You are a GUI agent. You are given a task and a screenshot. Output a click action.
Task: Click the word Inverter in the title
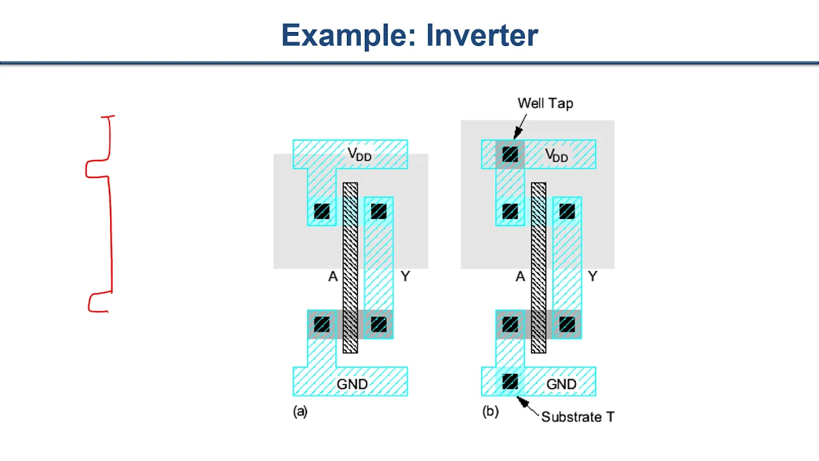pyautogui.click(x=482, y=35)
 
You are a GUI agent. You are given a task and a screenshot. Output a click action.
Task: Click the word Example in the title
pyautogui.click(x=345, y=36)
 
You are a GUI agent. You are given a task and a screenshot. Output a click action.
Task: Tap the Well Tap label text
pyautogui.click(x=545, y=103)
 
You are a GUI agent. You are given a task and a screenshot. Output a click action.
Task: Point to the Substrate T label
pyautogui.click(x=578, y=417)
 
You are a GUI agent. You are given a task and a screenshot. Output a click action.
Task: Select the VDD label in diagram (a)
pyautogui.click(x=360, y=154)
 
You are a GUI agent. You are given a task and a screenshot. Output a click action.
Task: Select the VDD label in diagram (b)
pyautogui.click(x=557, y=155)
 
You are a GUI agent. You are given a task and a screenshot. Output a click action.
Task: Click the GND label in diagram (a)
pyautogui.click(x=352, y=384)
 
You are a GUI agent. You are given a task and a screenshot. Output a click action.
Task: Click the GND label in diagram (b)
pyautogui.click(x=561, y=384)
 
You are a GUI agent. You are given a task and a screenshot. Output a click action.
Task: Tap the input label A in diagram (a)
pyautogui.click(x=333, y=277)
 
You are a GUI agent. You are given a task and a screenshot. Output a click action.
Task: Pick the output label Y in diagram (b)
pyautogui.click(x=592, y=276)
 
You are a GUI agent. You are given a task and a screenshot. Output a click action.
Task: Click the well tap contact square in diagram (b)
pyautogui.click(x=510, y=154)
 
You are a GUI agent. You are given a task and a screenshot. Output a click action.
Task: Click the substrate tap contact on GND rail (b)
pyautogui.click(x=510, y=382)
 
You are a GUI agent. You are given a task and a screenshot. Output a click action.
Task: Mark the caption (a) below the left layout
pyautogui.click(x=300, y=412)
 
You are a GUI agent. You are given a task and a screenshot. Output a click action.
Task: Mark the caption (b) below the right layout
pyautogui.click(x=490, y=412)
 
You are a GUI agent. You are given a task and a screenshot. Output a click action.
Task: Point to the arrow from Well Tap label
pyautogui.click(x=520, y=127)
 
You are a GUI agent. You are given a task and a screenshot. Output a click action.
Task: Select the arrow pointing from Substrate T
pyautogui.click(x=527, y=406)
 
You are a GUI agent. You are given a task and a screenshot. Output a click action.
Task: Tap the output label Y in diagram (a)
pyautogui.click(x=405, y=276)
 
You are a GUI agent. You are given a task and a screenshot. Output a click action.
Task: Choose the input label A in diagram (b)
pyautogui.click(x=520, y=277)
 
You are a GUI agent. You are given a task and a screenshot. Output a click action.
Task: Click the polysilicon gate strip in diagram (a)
pyautogui.click(x=350, y=268)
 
